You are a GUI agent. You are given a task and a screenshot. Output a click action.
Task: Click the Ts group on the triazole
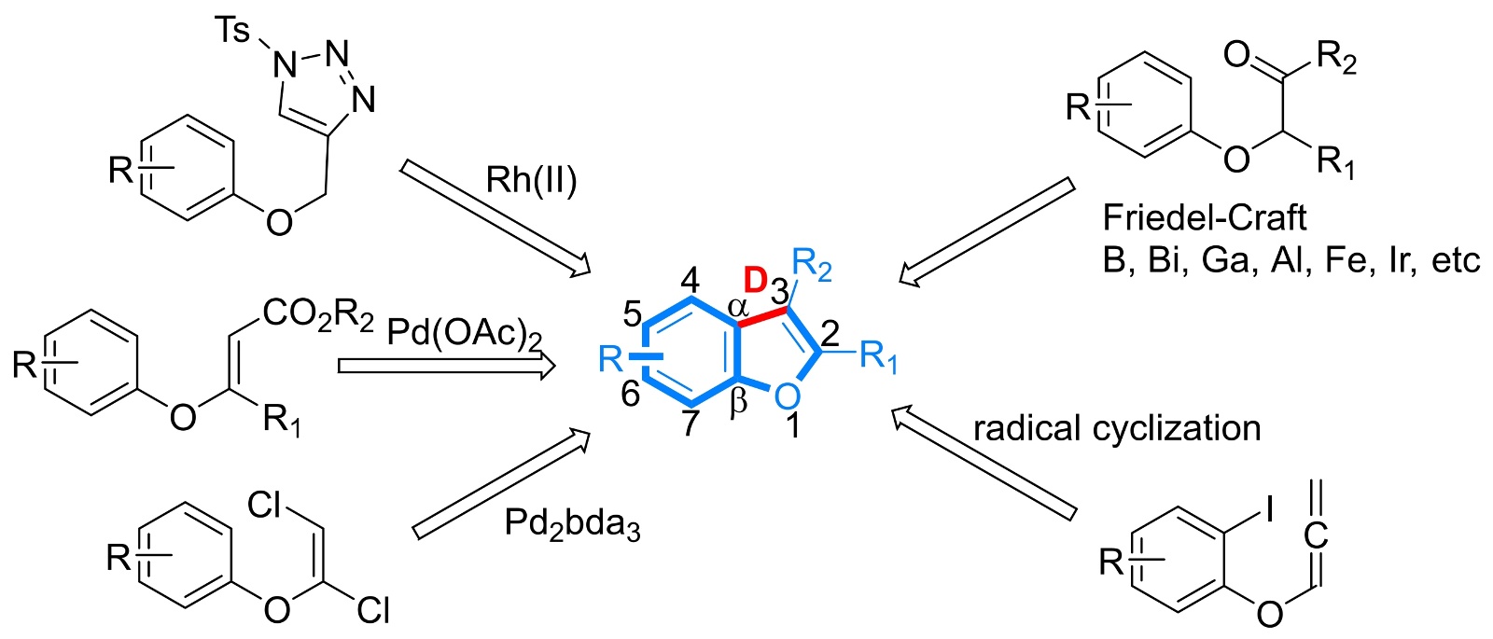tap(232, 31)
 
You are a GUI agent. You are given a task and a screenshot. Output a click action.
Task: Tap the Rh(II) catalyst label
tap(531, 179)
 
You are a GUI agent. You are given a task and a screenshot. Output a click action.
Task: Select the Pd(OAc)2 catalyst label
tap(463, 332)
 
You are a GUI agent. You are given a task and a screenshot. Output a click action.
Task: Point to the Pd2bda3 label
tap(572, 524)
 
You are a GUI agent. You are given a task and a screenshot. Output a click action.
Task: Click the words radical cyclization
tap(1117, 428)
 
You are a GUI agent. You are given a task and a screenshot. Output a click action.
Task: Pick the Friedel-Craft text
tap(1204, 217)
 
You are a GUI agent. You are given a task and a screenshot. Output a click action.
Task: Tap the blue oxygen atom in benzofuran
tap(787, 396)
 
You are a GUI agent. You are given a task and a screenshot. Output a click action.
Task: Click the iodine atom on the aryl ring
tap(1269, 508)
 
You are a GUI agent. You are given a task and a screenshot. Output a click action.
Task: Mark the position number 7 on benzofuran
tap(690, 423)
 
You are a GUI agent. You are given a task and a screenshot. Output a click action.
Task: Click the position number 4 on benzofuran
tap(690, 278)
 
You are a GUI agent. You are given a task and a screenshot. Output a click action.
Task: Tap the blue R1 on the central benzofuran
tap(878, 355)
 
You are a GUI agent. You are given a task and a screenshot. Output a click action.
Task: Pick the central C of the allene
tap(1316, 535)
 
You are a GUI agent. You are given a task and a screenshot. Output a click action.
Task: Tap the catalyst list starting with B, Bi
tap(1291, 258)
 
